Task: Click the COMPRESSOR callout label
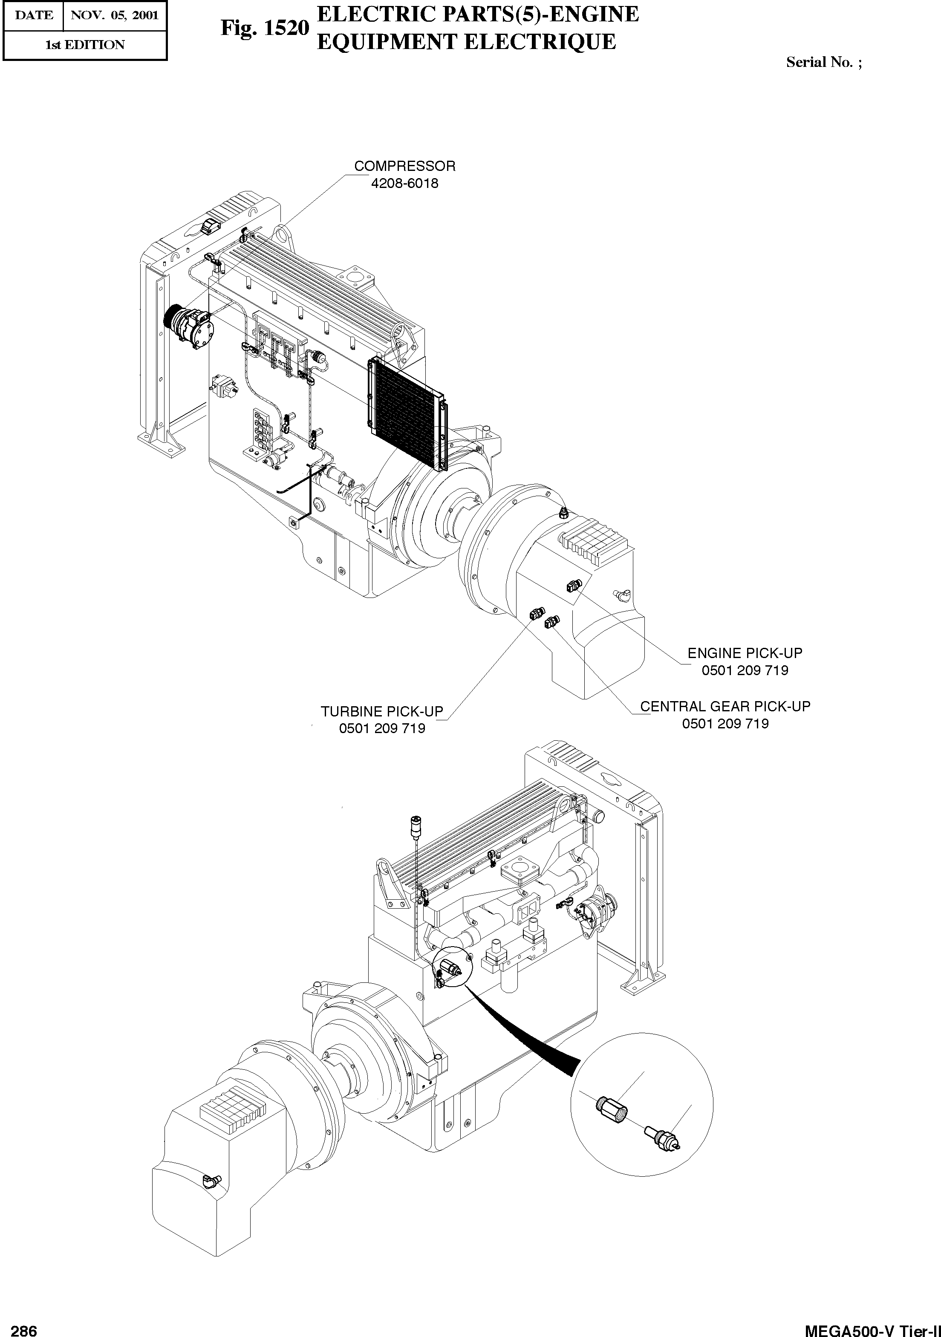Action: tap(405, 166)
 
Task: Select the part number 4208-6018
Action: tap(405, 183)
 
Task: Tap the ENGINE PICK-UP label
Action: tap(745, 653)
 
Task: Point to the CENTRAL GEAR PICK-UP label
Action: tap(725, 706)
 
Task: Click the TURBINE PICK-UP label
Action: tap(382, 712)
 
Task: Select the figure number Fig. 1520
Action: tap(264, 29)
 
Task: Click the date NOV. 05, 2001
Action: tap(115, 15)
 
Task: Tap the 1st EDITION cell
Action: tap(85, 45)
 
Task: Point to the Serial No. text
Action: tap(823, 62)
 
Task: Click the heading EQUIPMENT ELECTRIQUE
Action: tap(466, 42)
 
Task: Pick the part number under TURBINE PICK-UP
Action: tap(382, 728)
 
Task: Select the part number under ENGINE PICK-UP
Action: tap(745, 670)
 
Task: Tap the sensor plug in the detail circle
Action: tap(663, 1140)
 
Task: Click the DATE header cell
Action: tap(33, 15)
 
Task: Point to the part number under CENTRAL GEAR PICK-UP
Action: tap(725, 724)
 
